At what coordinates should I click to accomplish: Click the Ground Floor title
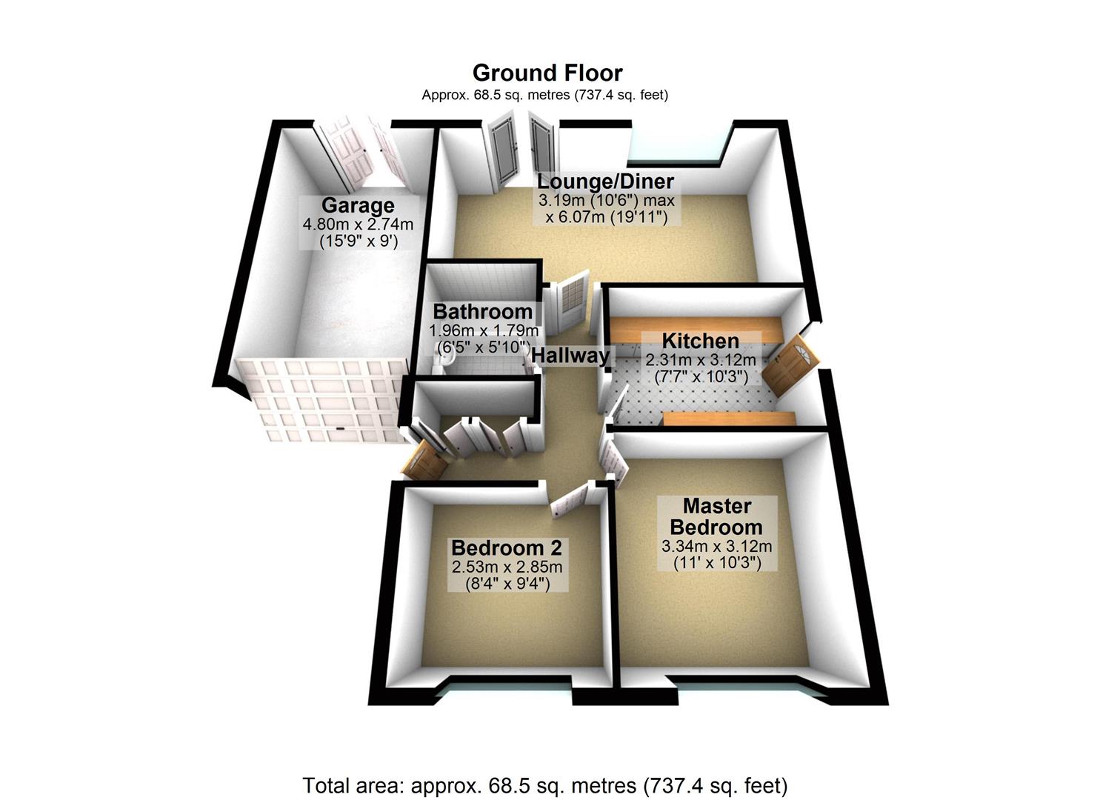(547, 73)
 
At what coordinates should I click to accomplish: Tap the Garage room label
(358, 205)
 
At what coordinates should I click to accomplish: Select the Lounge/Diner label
(605, 181)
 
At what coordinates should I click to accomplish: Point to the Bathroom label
(483, 311)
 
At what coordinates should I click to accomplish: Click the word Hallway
(570, 356)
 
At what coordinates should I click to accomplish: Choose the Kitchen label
(700, 341)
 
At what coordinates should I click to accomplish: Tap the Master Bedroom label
(716, 516)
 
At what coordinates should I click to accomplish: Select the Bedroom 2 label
(507, 547)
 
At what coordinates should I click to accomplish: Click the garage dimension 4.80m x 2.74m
(358, 224)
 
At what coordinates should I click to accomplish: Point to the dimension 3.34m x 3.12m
(716, 547)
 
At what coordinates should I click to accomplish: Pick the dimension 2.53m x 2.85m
(507, 567)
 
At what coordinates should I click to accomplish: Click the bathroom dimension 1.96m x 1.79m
(484, 330)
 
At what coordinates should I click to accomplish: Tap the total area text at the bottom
(545, 785)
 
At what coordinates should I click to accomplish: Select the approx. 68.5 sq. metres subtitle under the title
(545, 95)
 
